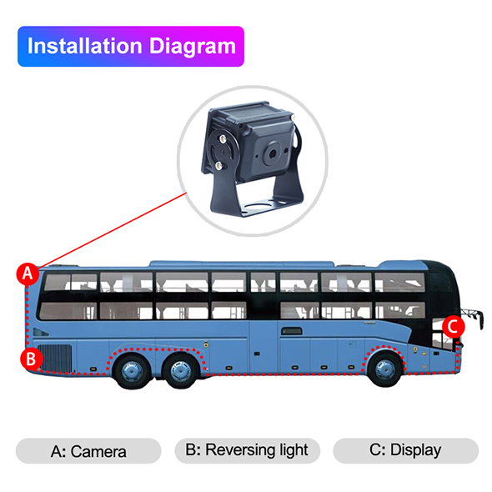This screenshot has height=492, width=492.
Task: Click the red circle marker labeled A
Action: [x=28, y=274]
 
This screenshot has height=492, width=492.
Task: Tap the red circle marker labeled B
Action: [x=32, y=359]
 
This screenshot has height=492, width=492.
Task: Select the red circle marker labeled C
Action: [x=454, y=327]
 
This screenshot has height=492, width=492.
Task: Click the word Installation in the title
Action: [x=85, y=46]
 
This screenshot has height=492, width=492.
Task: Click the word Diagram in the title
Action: [x=193, y=47]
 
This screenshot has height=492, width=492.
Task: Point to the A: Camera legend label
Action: [x=88, y=451]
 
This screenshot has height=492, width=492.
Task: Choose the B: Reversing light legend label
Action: [x=247, y=450]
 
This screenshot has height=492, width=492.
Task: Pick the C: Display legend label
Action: [x=405, y=450]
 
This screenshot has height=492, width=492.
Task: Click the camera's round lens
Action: [x=272, y=153]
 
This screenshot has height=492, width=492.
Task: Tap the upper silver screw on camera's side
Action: [x=223, y=138]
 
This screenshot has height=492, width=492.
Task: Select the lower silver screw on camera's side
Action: [x=218, y=165]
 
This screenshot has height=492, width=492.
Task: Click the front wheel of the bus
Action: [x=385, y=369]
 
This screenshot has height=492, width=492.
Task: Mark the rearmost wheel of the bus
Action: [x=132, y=371]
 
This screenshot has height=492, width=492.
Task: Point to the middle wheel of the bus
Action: [x=180, y=370]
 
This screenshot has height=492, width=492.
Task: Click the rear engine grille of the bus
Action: [x=56, y=358]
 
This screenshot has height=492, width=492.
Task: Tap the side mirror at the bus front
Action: [x=473, y=317]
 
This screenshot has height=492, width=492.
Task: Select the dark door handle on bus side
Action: [x=292, y=331]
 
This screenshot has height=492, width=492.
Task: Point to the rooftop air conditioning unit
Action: [x=242, y=264]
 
